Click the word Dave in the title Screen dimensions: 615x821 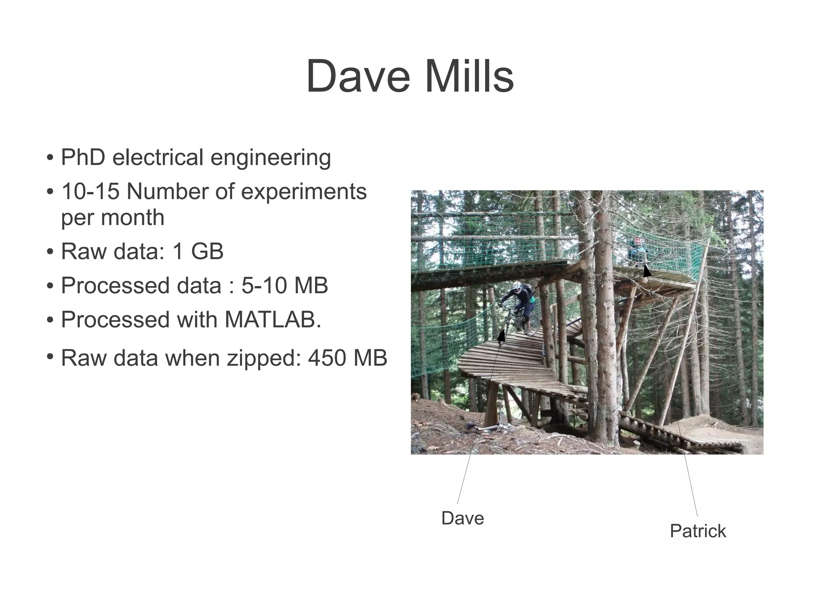[358, 76]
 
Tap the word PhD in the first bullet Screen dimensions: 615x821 [83, 157]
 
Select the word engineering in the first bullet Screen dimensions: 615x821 [271, 158]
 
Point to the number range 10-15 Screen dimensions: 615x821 [90, 192]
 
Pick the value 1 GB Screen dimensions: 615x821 [198, 252]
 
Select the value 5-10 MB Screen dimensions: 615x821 [285, 286]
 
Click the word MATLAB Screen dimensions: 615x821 [272, 320]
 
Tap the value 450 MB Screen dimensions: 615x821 [347, 358]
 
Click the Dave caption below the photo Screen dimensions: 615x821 [462, 518]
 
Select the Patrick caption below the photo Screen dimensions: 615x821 [698, 531]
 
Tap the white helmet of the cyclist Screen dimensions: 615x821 [517, 286]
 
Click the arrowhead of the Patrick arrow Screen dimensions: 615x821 [646, 270]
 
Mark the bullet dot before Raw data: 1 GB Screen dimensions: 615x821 [50, 252]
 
